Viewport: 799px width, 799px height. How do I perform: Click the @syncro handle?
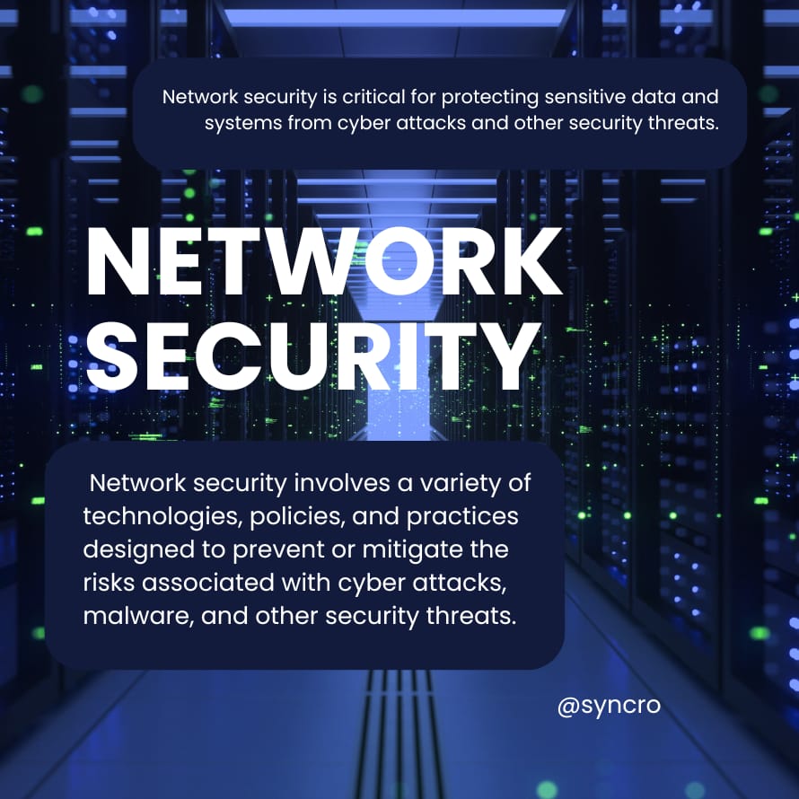pyautogui.click(x=609, y=706)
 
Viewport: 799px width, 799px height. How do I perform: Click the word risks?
pyautogui.click(x=106, y=583)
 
